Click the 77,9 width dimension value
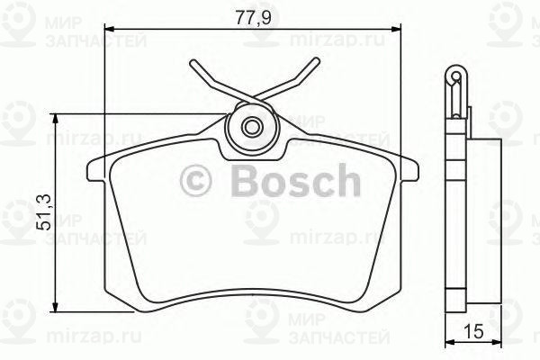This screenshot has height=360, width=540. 251,14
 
